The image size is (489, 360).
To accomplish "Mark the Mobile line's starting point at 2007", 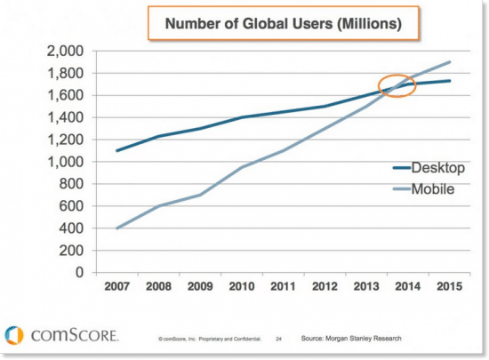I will click(x=116, y=228).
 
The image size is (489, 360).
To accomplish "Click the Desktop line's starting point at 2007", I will click(x=116, y=150).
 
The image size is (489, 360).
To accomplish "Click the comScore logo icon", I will click(x=14, y=335).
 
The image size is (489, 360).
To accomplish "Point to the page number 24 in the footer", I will click(x=278, y=339).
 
